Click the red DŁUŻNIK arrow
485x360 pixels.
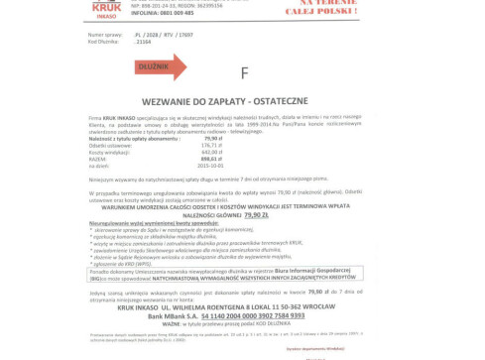[160, 67]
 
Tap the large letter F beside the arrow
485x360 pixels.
[244, 72]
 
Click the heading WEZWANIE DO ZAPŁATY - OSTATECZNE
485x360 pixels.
[242, 102]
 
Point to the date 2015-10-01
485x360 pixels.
[210, 165]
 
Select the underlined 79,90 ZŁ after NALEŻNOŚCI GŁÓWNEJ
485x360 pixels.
[256, 213]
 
